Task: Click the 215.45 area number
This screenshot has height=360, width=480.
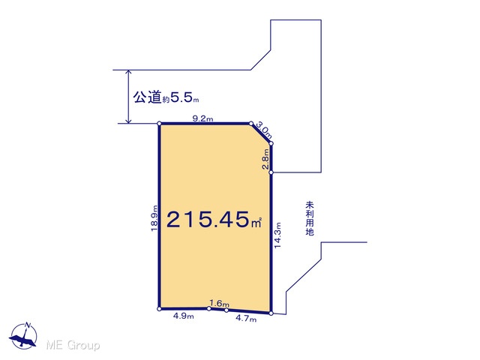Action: coord(208,219)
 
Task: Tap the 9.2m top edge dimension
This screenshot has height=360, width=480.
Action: coord(202,118)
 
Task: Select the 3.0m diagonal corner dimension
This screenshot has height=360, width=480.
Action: coord(264,130)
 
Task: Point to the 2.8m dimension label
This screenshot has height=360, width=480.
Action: coord(265,159)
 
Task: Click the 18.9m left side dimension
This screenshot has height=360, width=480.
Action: coord(154,218)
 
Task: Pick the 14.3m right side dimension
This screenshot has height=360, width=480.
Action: coord(277,235)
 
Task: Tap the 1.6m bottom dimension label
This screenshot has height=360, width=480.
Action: coord(219,303)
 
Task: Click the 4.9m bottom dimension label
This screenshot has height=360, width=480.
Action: coord(183,316)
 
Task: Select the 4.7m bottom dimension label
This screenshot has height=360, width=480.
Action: coord(246,319)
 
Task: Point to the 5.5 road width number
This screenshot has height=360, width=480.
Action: coord(181,97)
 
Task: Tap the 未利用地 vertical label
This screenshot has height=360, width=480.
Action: coord(310,218)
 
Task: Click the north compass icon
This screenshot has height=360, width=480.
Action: coord(23,336)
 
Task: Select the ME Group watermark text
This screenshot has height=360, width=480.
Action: coord(73,345)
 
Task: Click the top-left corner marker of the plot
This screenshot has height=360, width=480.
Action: coord(159,123)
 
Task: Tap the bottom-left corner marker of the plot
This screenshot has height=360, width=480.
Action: coord(159,309)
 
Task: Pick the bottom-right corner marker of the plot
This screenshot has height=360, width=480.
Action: coord(271,313)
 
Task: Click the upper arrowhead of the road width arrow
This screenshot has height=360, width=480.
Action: coord(129,73)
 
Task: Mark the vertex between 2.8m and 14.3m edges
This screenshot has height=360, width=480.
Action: coord(271,172)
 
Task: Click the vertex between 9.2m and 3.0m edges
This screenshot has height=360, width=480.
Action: coord(251,123)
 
